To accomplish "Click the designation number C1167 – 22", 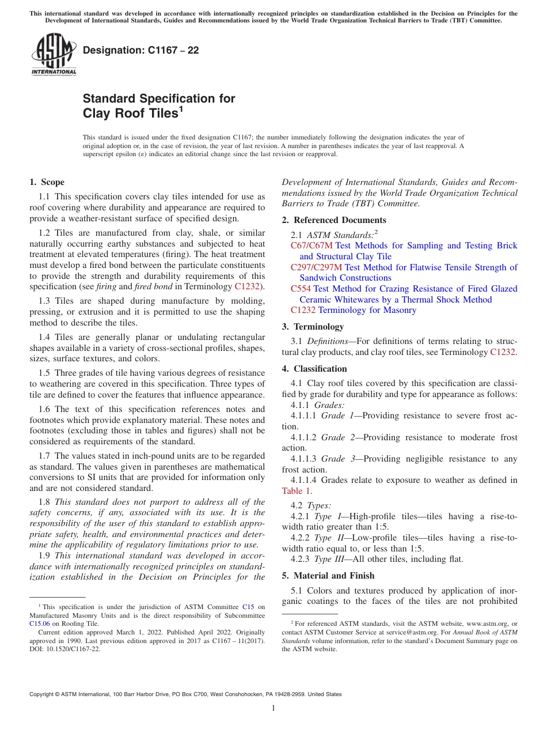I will click(141, 50).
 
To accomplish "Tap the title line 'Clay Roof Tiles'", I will click(130, 114).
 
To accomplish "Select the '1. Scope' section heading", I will click(47, 182).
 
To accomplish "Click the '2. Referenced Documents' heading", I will click(334, 220).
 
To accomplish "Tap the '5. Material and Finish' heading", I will click(328, 576).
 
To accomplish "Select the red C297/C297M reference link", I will click(316, 267).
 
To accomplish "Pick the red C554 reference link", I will click(301, 289).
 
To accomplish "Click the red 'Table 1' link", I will click(297, 491).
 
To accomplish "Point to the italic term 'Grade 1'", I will click(333, 416).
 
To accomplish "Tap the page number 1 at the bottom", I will click(273, 708).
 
